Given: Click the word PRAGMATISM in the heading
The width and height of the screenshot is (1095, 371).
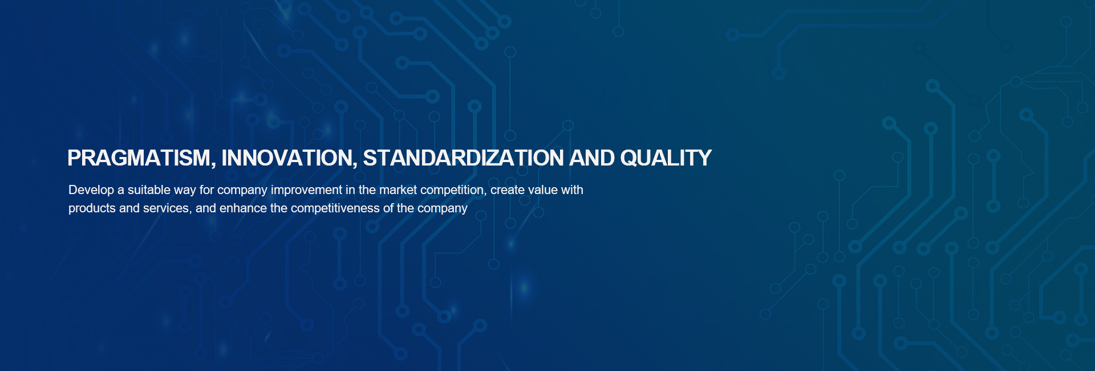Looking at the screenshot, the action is tap(139, 158).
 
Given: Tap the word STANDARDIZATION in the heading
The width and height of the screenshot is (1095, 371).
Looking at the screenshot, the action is tap(464, 158).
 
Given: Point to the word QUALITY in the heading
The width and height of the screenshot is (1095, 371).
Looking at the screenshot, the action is tap(666, 158).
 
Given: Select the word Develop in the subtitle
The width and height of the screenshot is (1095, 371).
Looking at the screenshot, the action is tap(91, 190).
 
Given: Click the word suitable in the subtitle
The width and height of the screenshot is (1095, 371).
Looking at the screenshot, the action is tap(148, 189).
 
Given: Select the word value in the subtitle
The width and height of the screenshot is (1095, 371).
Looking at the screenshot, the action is tap(542, 189).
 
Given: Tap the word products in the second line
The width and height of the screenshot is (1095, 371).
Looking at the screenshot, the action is tap(92, 208).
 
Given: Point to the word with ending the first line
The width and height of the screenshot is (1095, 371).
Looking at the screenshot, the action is tap(572, 189).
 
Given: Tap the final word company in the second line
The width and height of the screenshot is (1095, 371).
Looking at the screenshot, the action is tap(443, 208).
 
